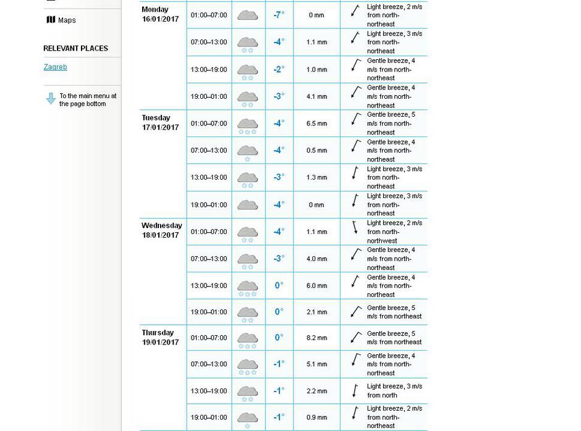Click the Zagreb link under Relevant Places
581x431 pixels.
point(55,67)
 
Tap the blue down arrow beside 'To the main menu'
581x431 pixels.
point(51,99)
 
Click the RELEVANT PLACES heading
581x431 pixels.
point(75,48)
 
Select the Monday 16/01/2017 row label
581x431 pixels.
point(160,14)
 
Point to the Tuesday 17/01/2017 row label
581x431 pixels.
point(160,122)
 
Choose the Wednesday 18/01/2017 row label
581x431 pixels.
point(161,230)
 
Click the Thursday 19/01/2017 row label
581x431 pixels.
point(160,337)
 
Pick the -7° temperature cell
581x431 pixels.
point(279,15)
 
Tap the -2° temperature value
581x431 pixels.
point(279,69)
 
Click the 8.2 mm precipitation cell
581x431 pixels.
point(316,338)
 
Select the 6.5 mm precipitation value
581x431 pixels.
point(316,123)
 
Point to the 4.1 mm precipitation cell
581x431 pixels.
point(316,96)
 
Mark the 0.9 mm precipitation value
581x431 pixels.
point(316,417)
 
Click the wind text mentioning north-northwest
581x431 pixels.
point(394,232)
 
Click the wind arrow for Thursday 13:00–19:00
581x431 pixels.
point(355,390)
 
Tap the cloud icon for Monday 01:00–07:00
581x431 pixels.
point(247,15)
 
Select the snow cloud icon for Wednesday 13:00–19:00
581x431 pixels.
point(247,287)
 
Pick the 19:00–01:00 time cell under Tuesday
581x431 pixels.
point(208,204)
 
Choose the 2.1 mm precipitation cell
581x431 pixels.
point(316,312)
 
